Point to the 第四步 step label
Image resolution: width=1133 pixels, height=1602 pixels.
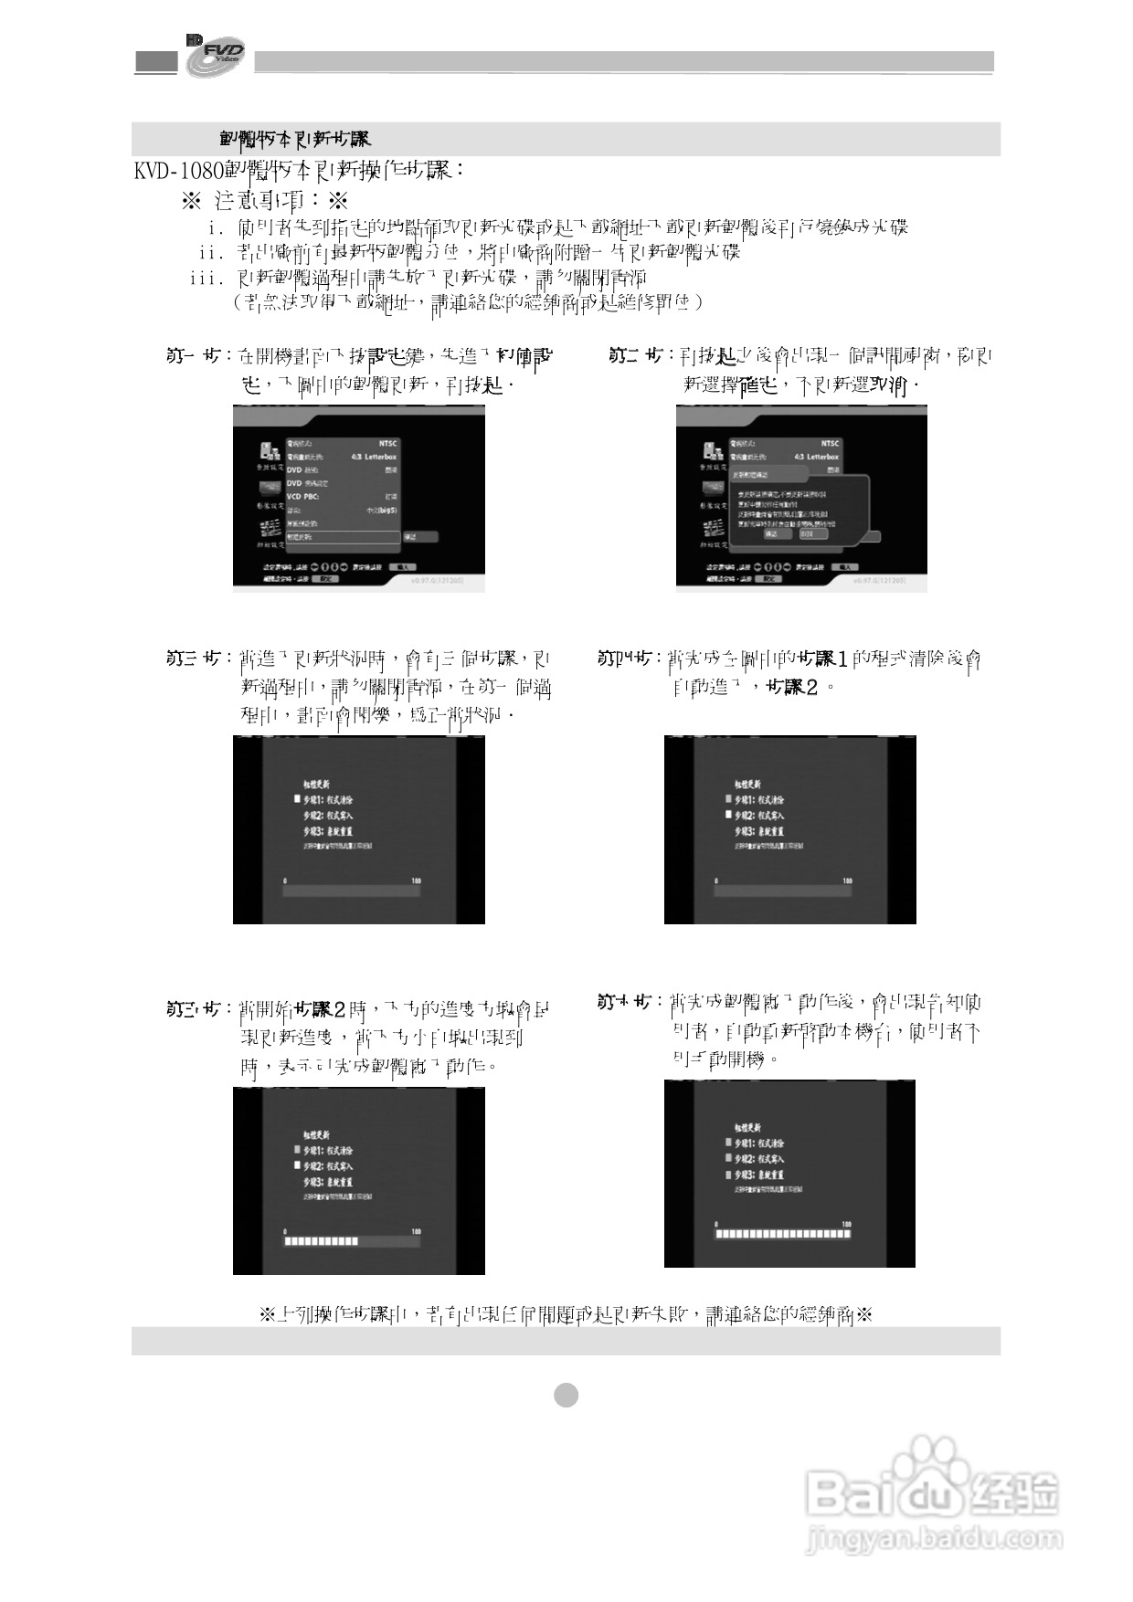(625, 659)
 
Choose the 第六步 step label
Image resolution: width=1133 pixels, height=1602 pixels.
(625, 1002)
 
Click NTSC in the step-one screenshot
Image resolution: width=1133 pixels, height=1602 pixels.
(387, 443)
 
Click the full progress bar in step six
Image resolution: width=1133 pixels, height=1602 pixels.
(783, 1234)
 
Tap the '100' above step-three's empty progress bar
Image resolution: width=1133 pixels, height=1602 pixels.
(416, 880)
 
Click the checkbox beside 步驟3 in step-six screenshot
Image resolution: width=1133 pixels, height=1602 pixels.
(727, 1175)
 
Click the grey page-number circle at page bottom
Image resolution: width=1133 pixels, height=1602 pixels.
(566, 1395)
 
